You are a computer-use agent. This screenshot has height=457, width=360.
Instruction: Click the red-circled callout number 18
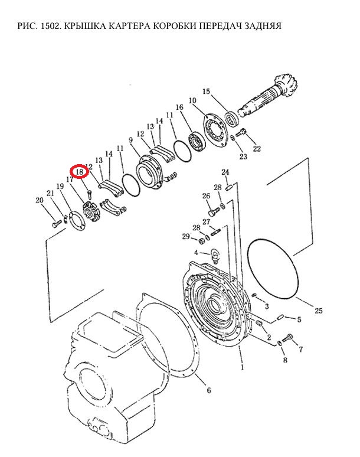[80, 172]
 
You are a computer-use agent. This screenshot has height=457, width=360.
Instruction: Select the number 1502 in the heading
[51, 26]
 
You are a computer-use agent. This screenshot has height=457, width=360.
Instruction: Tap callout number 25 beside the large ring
[318, 311]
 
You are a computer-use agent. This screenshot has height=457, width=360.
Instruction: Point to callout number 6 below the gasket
[208, 390]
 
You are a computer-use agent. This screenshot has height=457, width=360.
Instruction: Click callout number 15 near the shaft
[206, 92]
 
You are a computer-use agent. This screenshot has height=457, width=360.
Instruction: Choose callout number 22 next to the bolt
[257, 149]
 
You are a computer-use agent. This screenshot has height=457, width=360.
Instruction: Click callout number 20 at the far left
[40, 200]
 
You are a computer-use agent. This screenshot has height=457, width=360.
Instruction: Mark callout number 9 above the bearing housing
[130, 140]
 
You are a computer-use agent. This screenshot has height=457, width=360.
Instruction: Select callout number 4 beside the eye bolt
[196, 252]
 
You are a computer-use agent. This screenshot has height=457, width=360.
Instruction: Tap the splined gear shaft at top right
[268, 96]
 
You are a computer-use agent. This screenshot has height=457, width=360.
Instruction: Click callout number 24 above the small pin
[225, 172]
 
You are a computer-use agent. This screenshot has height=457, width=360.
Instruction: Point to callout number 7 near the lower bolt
[300, 349]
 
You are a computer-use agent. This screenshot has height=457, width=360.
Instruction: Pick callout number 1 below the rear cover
[242, 367]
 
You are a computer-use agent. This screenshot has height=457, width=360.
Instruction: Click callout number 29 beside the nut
[186, 236]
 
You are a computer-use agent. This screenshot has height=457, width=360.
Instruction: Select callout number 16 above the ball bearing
[179, 107]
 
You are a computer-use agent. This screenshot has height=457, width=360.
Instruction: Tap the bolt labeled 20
[57, 224]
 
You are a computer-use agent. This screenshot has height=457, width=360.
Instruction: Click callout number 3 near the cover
[267, 306]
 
